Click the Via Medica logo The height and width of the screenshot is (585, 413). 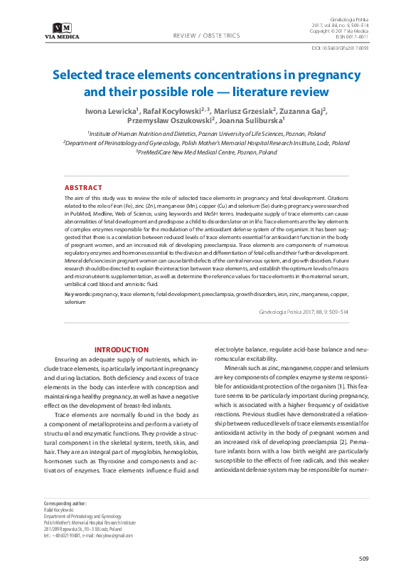(x=61, y=31)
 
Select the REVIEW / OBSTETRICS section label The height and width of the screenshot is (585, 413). (x=206, y=35)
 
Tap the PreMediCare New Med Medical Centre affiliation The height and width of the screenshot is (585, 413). (x=206, y=152)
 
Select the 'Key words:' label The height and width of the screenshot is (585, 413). (x=77, y=294)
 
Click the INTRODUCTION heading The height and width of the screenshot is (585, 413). (x=122, y=349)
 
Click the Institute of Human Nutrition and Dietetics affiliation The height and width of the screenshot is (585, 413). (x=206, y=133)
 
